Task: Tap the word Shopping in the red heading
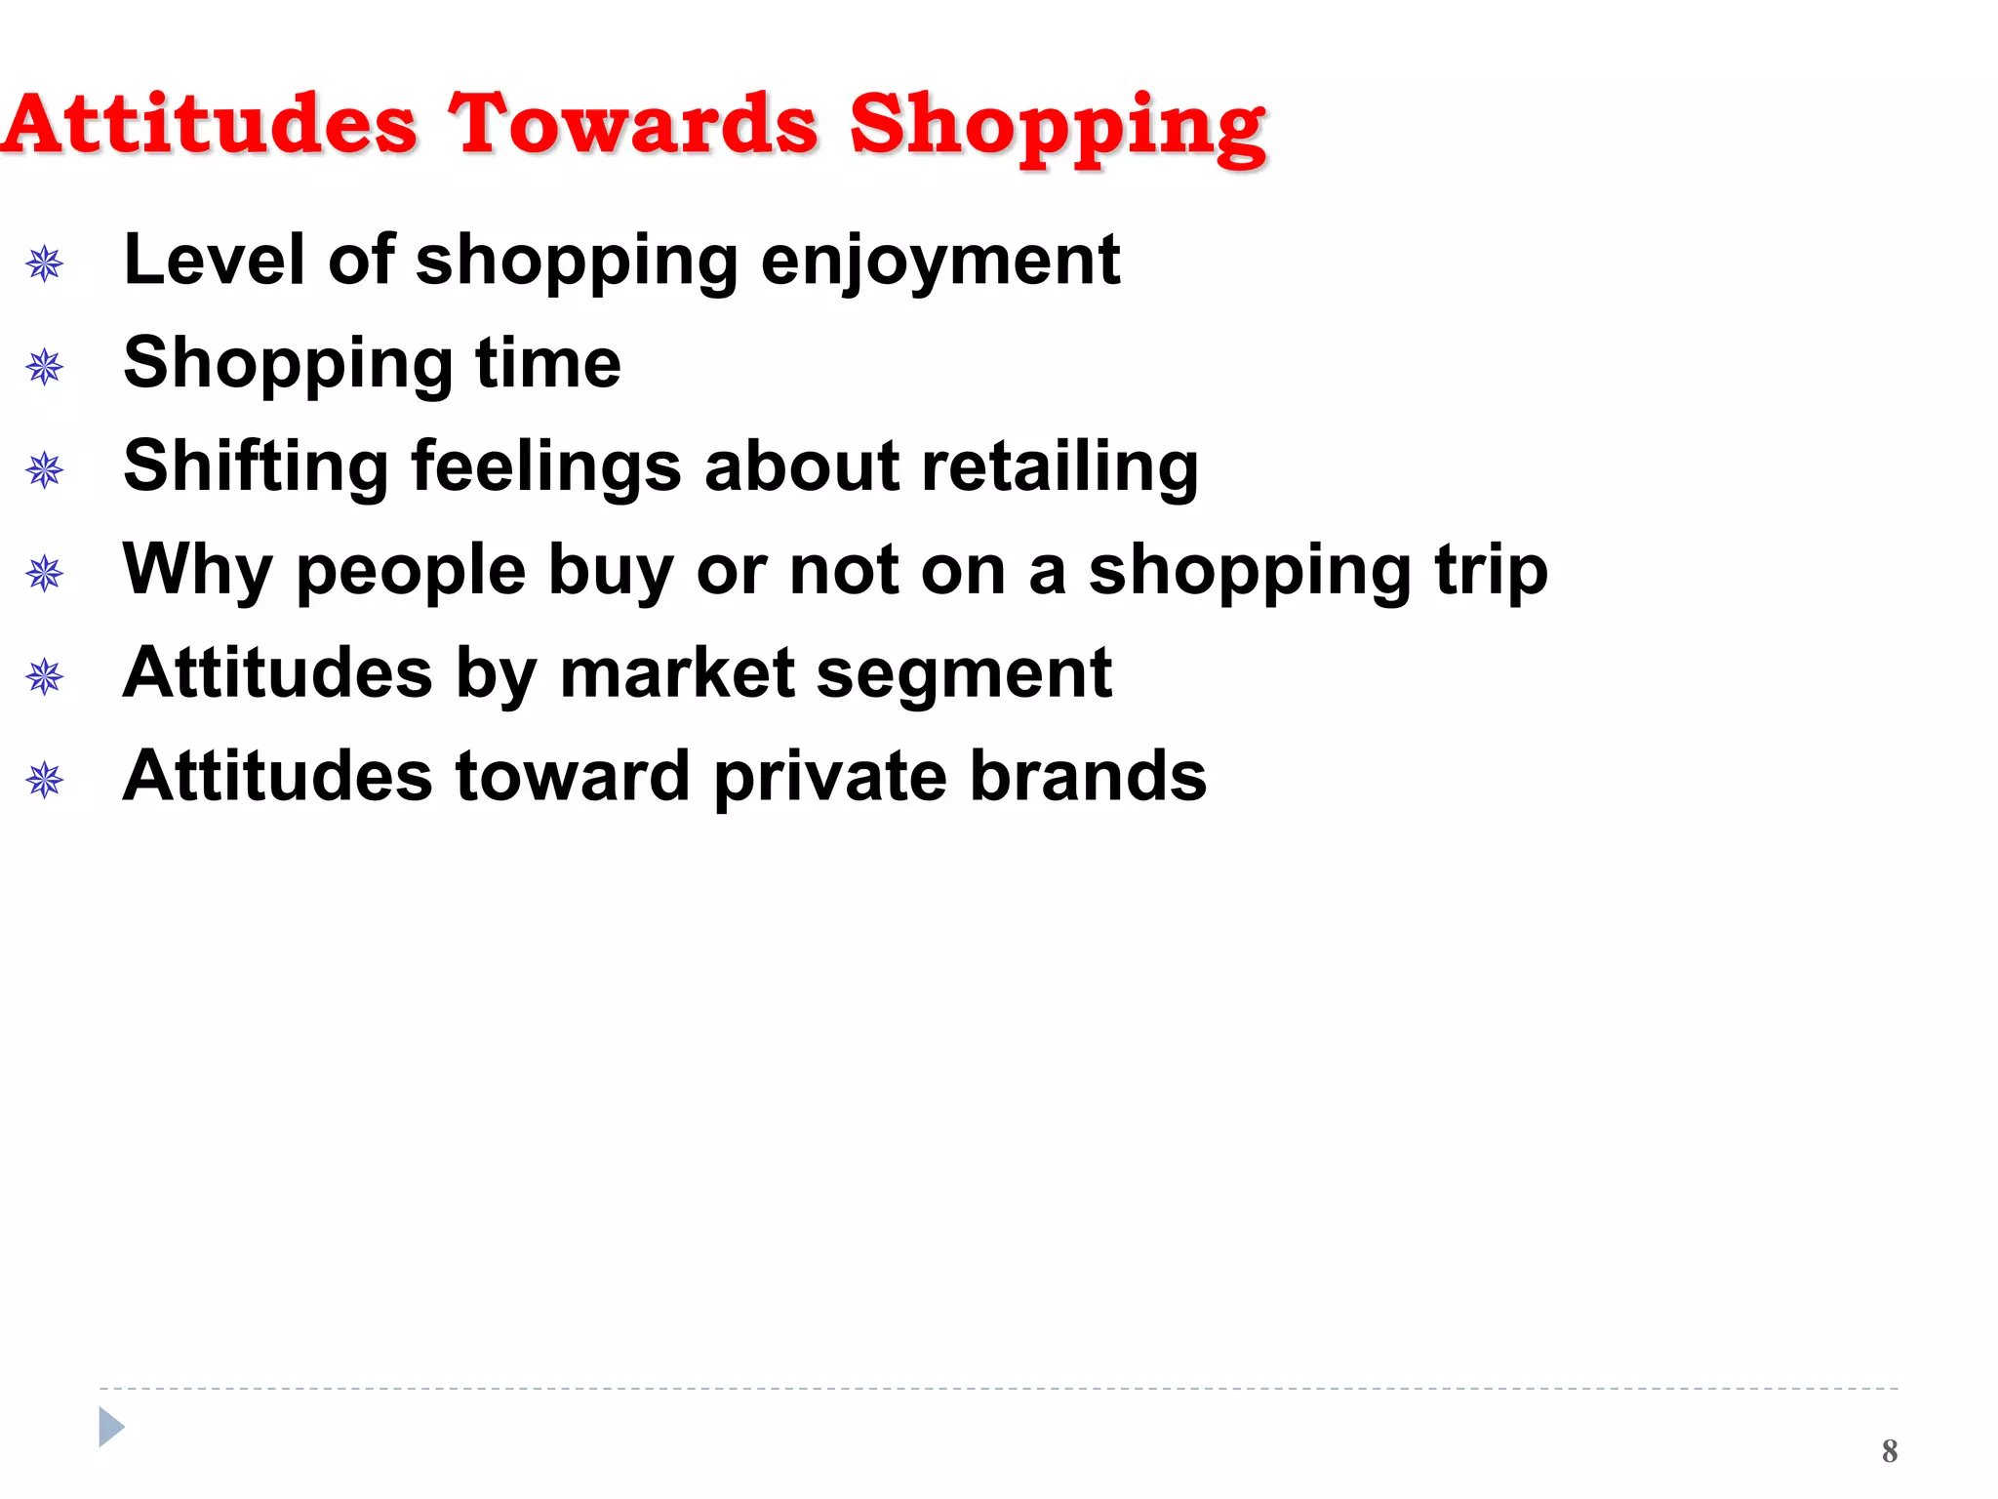[x=1058, y=127]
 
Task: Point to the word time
[x=547, y=363]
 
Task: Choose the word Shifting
[x=256, y=466]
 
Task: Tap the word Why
[x=197, y=570]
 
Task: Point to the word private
[x=830, y=778]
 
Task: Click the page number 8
[x=1890, y=1451]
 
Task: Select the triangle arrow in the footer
[x=111, y=1427]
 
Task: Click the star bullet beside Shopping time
[x=45, y=368]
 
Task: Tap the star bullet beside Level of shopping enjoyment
[x=45, y=263]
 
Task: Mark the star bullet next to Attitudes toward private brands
[x=45, y=781]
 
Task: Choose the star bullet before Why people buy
[x=45, y=574]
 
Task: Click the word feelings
[x=546, y=466]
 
